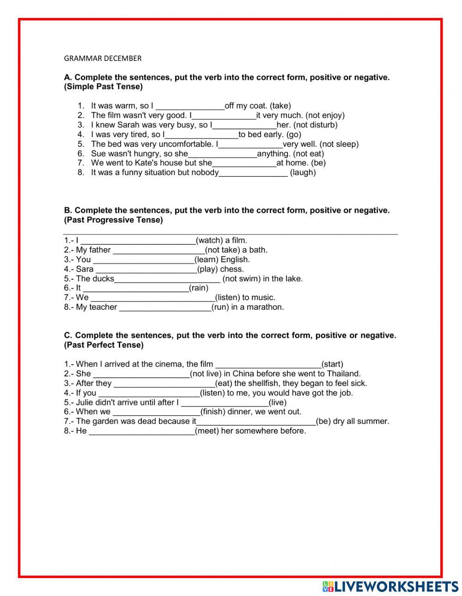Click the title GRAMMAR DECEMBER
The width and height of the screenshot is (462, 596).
pyautogui.click(x=103, y=58)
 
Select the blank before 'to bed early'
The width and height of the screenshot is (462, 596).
pyautogui.click(x=201, y=135)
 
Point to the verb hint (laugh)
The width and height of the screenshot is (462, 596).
pyautogui.click(x=303, y=173)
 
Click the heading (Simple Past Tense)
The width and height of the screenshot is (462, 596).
pyautogui.click(x=103, y=87)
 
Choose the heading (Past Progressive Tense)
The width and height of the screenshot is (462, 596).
pyautogui.click(x=114, y=220)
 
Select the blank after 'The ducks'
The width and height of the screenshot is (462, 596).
pyautogui.click(x=167, y=279)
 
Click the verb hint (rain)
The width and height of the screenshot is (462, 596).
pyautogui.click(x=199, y=288)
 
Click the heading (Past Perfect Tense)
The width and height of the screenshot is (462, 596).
pyautogui.click(x=104, y=345)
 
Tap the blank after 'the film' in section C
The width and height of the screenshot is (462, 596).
pyautogui.click(x=268, y=364)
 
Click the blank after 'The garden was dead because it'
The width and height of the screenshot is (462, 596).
pyautogui.click(x=256, y=421)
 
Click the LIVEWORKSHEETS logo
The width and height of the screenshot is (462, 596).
pyautogui.click(x=390, y=586)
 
